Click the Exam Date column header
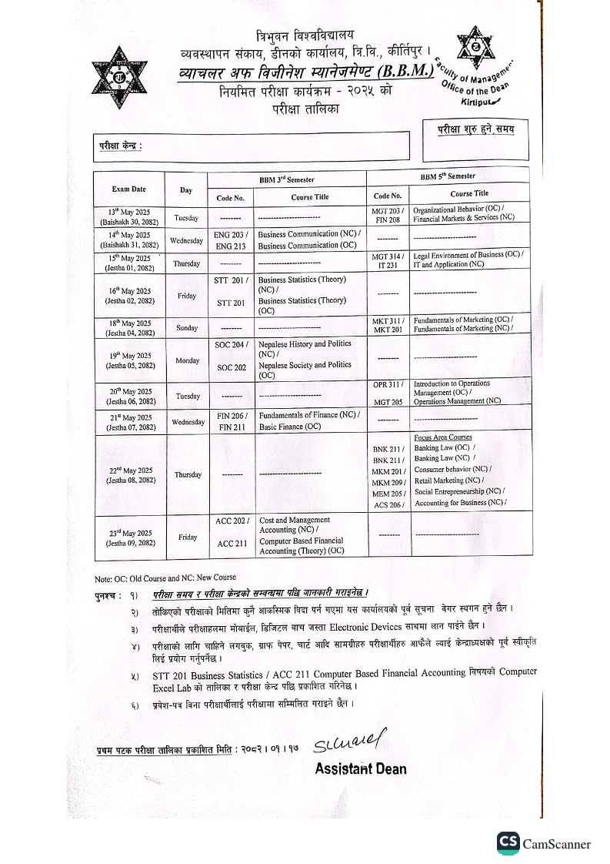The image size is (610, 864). coord(128,189)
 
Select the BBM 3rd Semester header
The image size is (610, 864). coord(287,179)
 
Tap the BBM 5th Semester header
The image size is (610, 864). coord(448,176)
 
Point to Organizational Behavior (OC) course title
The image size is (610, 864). coord(458,209)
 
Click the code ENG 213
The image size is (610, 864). coord(230,246)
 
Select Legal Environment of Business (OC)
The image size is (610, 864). coord(468,254)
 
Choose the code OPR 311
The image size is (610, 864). coord(387,383)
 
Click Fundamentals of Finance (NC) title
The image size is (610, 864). coord(308,415)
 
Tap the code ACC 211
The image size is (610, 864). coord(232,544)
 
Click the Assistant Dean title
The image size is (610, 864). coord(360,769)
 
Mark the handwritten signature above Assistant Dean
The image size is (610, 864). coord(348,742)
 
